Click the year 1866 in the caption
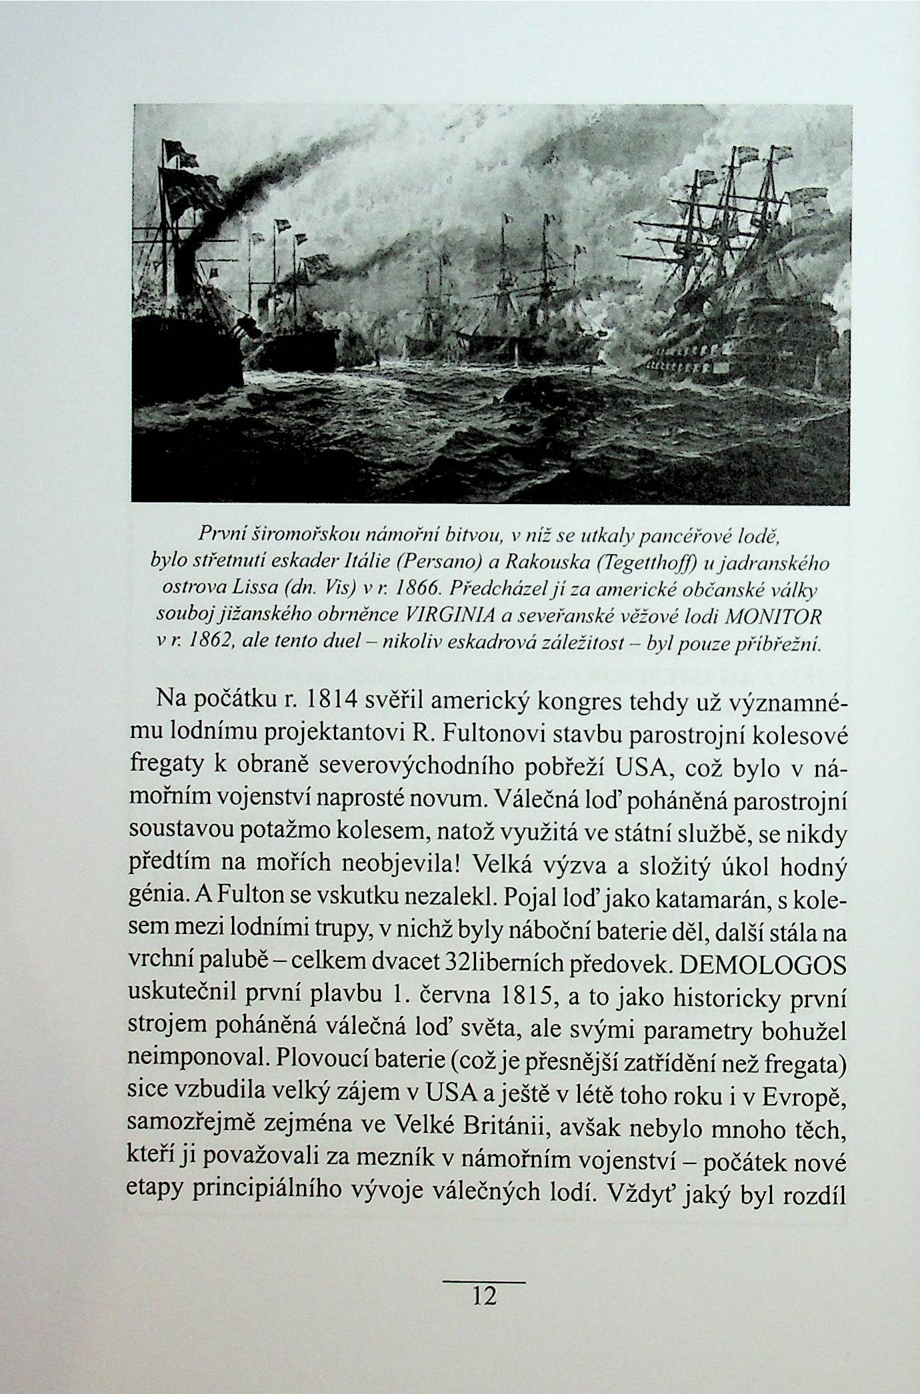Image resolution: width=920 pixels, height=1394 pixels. [415, 589]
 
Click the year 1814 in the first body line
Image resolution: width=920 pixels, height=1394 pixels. [333, 701]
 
